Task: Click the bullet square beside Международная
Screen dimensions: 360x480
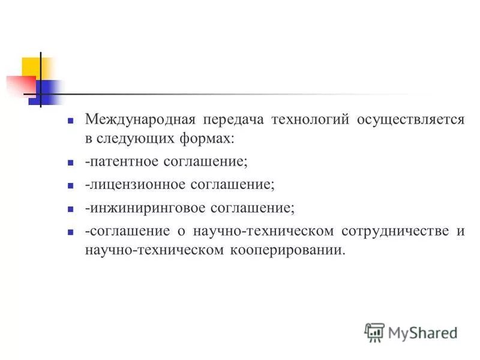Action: [70, 120]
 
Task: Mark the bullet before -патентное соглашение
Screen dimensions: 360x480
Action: [70, 162]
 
